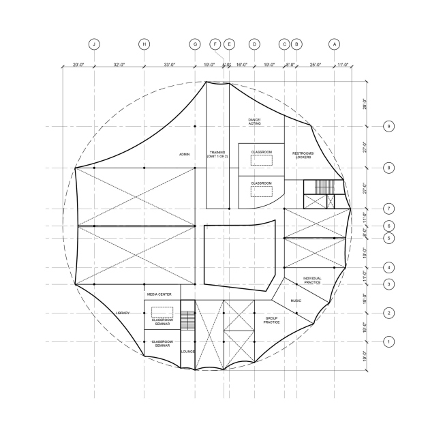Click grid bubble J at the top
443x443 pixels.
[x=94, y=44]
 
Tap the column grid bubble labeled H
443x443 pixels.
[x=144, y=44]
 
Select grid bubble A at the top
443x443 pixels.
[x=334, y=44]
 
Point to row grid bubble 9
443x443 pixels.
[x=388, y=127]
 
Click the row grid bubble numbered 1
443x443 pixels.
[x=388, y=341]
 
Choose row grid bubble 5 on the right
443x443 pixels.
[x=388, y=238]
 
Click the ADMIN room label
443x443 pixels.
[x=184, y=155]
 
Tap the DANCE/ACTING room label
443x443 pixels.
[x=254, y=121]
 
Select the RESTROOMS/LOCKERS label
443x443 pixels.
[x=302, y=155]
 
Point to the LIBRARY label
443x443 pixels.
[x=123, y=313]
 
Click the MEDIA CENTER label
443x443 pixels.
[x=158, y=294]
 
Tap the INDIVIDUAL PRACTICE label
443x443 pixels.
[x=311, y=279]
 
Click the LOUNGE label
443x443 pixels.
[x=188, y=352]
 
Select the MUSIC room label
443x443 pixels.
[x=296, y=301]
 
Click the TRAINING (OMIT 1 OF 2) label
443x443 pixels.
[x=217, y=155]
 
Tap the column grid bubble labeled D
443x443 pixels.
[x=254, y=44]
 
